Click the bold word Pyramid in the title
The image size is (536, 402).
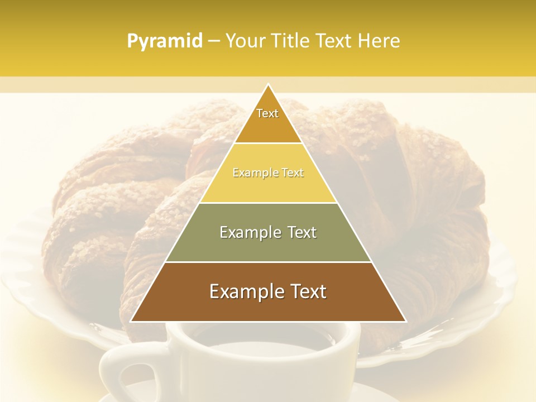click(x=165, y=41)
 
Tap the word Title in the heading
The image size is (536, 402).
click(x=290, y=41)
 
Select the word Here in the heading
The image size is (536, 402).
click(x=380, y=41)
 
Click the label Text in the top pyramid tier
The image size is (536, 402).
click(x=267, y=113)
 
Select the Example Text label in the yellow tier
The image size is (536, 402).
click(x=268, y=173)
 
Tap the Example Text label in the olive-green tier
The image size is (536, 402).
click(x=268, y=232)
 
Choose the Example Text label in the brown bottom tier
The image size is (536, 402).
click(x=268, y=291)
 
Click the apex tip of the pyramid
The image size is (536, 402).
click(x=268, y=85)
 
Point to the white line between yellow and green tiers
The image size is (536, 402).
click(x=268, y=203)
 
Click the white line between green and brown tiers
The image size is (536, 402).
click(x=268, y=262)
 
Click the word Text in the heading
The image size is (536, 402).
click(x=334, y=41)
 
